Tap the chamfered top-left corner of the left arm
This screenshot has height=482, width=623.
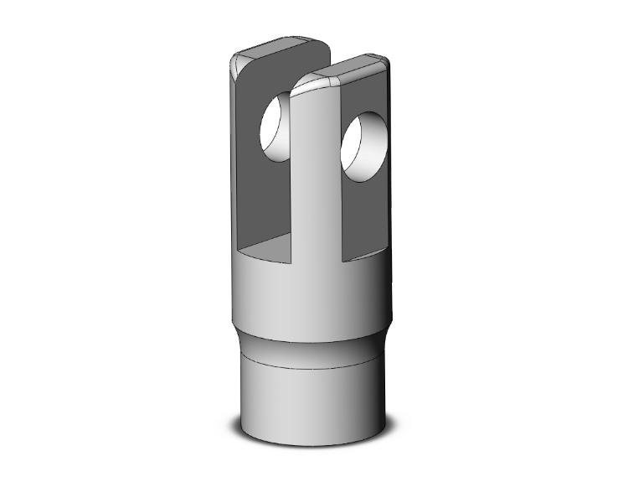pyautogui.click(x=237, y=60)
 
